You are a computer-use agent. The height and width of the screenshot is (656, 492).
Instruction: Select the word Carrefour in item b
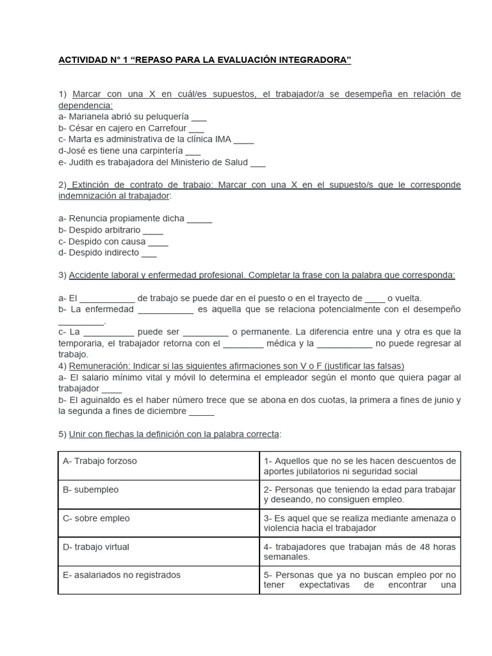coord(163,128)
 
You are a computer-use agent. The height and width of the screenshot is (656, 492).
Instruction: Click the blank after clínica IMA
coord(244,140)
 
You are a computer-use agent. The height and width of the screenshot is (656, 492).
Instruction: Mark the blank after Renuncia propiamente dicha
coord(200,218)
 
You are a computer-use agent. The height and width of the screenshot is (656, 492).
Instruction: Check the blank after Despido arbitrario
coord(153,230)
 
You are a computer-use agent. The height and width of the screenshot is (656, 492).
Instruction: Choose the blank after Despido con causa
coord(158,242)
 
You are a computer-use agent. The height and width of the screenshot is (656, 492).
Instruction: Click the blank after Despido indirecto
coord(149,253)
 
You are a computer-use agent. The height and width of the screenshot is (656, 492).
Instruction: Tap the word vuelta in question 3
coord(409,298)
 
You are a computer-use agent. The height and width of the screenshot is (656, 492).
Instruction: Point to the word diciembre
coord(163,411)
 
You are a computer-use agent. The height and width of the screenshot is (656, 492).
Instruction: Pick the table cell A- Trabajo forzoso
coord(158,466)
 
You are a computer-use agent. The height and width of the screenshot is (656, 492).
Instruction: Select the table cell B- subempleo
coord(158,494)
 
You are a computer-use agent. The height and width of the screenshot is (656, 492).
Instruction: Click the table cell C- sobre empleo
coord(158,523)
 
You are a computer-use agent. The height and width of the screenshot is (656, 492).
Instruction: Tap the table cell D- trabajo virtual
coord(158,551)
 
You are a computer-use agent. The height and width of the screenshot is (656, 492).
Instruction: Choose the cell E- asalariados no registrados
coord(158,580)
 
